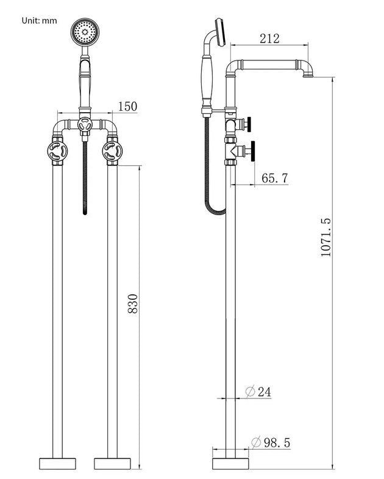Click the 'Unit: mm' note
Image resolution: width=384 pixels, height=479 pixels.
pyautogui.click(x=40, y=20)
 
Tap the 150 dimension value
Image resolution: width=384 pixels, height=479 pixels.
pyautogui.click(x=127, y=107)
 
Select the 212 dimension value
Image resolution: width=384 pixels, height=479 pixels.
pyautogui.click(x=268, y=38)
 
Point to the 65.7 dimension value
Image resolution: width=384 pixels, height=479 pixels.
pyautogui.click(x=275, y=178)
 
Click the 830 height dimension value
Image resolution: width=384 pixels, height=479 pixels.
pyautogui.click(x=133, y=303)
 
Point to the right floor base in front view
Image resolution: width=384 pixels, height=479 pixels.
pyautogui.click(x=112, y=463)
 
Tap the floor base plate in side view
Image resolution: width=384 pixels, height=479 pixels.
pyautogui.click(x=230, y=463)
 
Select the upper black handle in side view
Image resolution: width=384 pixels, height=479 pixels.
pyautogui.click(x=249, y=125)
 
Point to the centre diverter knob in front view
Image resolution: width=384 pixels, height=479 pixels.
pyautogui.click(x=85, y=126)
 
